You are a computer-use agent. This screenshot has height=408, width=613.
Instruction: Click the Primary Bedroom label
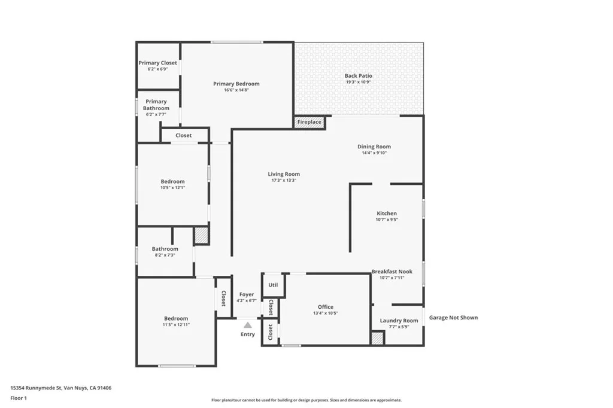pyautogui.click(x=236, y=84)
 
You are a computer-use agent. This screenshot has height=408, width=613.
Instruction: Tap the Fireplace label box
pyautogui.click(x=309, y=122)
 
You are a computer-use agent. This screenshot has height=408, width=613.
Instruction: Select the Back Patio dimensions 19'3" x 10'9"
pyautogui.click(x=359, y=82)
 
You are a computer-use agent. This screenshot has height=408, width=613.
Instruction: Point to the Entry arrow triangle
pyautogui.click(x=247, y=324)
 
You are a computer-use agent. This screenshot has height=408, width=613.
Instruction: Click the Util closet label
pyautogui.click(x=273, y=285)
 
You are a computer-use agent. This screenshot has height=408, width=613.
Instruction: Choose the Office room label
pyautogui.click(x=326, y=307)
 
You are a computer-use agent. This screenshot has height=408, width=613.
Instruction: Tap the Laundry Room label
pyautogui.click(x=399, y=321)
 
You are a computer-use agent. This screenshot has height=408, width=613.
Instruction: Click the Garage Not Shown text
pyautogui.click(x=453, y=318)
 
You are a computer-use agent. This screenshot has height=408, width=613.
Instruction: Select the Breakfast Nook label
pyautogui.click(x=392, y=272)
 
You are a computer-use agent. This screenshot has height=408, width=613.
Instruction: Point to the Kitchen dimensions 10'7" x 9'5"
pyautogui.click(x=387, y=220)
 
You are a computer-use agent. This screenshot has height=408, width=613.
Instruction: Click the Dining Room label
pyautogui.click(x=374, y=147)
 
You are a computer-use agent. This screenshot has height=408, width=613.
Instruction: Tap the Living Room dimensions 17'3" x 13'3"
pyautogui.click(x=284, y=180)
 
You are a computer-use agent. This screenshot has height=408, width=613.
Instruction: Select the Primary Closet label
pyautogui.click(x=158, y=63)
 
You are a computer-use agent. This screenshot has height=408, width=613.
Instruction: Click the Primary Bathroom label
pyautogui.click(x=156, y=105)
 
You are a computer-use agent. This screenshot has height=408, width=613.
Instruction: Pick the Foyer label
pyautogui.click(x=247, y=294)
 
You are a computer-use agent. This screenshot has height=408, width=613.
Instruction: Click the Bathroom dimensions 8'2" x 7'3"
pyautogui.click(x=165, y=255)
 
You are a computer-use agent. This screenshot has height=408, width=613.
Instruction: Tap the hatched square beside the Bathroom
pyautogui.click(x=201, y=235)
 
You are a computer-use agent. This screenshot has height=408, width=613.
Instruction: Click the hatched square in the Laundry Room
pyautogui.click(x=377, y=338)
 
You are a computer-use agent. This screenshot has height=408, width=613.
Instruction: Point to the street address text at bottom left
pyautogui.click(x=60, y=388)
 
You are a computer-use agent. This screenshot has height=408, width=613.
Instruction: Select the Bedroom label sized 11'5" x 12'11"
pyautogui.click(x=176, y=318)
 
